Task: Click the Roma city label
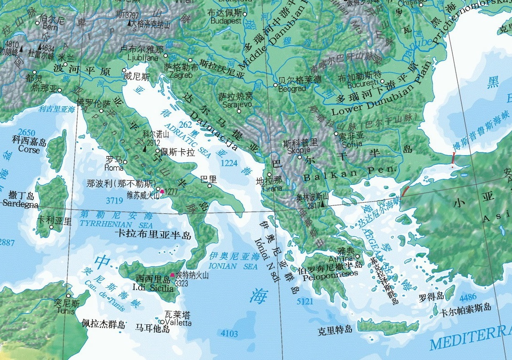(114, 168)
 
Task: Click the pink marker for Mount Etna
(172, 275)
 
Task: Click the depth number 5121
(305, 302)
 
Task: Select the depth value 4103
(229, 334)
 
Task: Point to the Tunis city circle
(69, 296)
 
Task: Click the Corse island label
(29, 149)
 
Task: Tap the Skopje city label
(298, 150)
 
